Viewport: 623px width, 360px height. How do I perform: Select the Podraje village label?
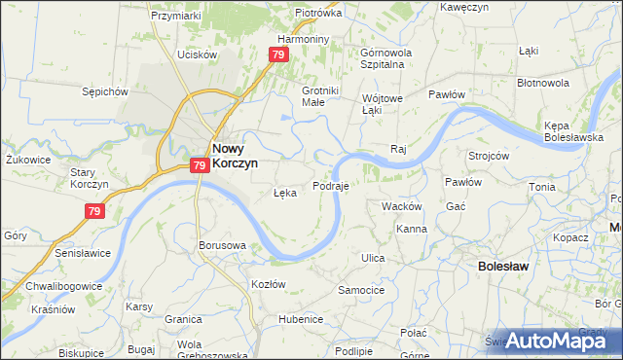[331, 185]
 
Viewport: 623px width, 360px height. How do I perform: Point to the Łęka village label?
[284, 193]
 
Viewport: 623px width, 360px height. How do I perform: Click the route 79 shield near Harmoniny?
[279, 55]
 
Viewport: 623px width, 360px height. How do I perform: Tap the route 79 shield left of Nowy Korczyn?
[199, 166]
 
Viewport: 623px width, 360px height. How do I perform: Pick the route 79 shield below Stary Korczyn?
[94, 210]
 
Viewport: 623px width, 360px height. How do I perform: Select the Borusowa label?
[221, 245]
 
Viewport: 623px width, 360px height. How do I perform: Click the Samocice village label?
[361, 290]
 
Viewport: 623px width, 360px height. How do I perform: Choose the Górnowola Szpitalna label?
[386, 57]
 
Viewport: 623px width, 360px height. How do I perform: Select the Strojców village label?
[489, 156]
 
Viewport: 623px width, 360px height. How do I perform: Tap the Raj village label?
[397, 149]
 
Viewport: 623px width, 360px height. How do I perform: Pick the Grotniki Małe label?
[312, 96]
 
